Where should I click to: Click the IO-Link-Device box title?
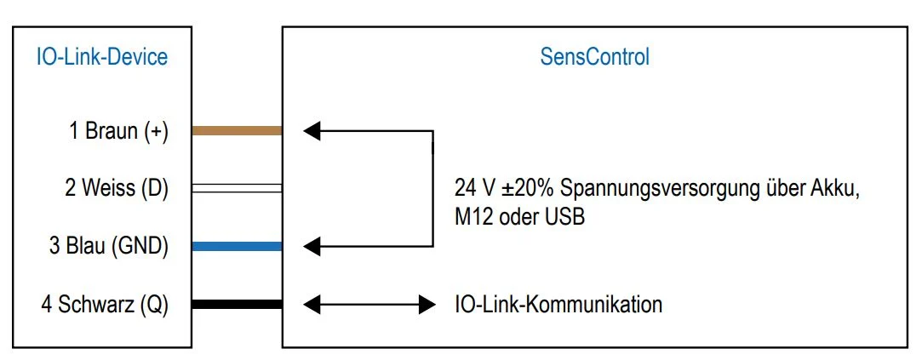click(x=101, y=57)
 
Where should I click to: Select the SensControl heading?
click(x=594, y=57)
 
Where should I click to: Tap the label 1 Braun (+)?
click(x=119, y=131)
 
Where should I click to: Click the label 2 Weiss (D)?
click(x=117, y=189)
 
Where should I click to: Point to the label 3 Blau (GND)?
click(x=109, y=247)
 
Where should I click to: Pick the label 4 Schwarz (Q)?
click(x=105, y=305)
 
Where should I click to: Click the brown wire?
click(x=237, y=131)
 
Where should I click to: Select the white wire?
click(x=237, y=188)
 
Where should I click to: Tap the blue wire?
click(x=237, y=247)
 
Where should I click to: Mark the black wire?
click(x=237, y=304)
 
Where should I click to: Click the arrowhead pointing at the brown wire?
click(x=312, y=131)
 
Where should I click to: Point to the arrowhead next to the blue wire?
click(x=312, y=247)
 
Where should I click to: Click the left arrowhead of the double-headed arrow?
click(x=312, y=304)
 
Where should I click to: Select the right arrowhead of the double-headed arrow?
click(x=427, y=304)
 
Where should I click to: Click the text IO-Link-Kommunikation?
click(x=558, y=305)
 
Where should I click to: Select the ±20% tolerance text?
click(x=525, y=190)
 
